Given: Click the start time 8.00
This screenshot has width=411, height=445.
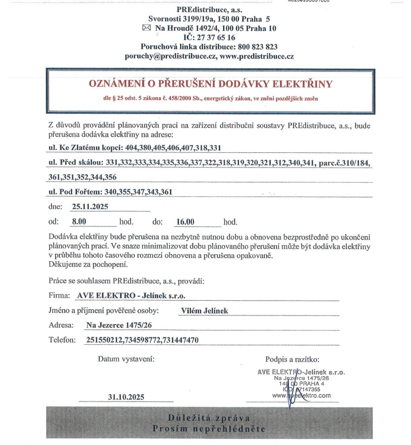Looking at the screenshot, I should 80,222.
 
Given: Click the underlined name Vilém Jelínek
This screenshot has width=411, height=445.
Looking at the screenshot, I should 204,311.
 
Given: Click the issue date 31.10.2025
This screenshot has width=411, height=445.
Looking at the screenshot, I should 126,398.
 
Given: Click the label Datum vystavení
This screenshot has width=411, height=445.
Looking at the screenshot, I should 126,359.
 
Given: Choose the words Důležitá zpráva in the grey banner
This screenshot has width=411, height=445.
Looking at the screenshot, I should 209,418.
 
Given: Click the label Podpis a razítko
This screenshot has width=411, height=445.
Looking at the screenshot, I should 292,359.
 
